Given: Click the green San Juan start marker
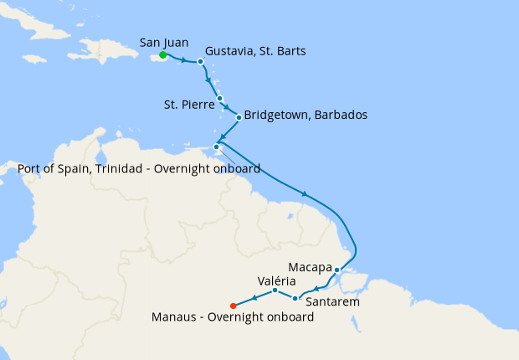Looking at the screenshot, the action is (x=162, y=56).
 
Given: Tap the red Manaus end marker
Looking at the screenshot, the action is (x=233, y=305).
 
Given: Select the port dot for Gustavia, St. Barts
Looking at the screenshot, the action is (x=201, y=61).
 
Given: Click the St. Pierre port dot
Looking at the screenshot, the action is (x=220, y=99).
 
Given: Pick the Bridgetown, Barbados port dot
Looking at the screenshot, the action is (x=239, y=116).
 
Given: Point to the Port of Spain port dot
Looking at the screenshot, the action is (x=217, y=147).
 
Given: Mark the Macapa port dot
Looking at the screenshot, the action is (x=337, y=270).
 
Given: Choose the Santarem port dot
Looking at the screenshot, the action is (x=295, y=298).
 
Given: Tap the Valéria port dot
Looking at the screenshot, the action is (x=275, y=291).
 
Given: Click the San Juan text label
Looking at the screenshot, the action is (x=164, y=42).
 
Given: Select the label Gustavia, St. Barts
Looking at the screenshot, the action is (x=254, y=51).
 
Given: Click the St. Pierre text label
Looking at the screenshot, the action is (x=188, y=105).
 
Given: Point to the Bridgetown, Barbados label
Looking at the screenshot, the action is (x=306, y=115).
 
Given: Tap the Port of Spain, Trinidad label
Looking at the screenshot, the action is (x=139, y=168).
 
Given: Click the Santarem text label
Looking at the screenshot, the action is (x=333, y=301).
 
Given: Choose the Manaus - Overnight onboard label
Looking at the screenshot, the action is (x=234, y=318).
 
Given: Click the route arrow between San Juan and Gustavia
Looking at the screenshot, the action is (x=183, y=59).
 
